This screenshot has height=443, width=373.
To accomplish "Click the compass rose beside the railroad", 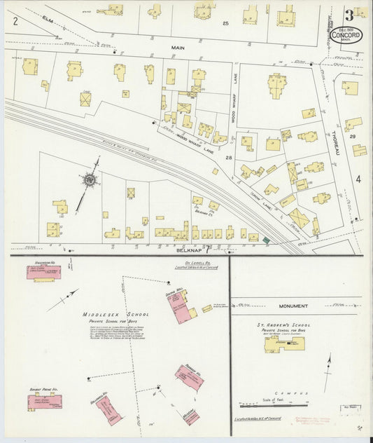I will (x=90, y=181).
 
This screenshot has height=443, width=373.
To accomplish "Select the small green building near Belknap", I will (x=266, y=241).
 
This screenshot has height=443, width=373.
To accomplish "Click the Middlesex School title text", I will (x=106, y=315).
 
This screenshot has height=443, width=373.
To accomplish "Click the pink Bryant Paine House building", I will (x=44, y=400).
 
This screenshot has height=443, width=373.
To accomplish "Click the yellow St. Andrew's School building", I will (x=284, y=344).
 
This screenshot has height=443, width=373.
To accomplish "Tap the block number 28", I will (x=228, y=158).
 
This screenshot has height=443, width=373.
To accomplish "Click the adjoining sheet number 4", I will (x=358, y=179).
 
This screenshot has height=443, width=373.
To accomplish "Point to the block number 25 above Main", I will (x=225, y=24).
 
